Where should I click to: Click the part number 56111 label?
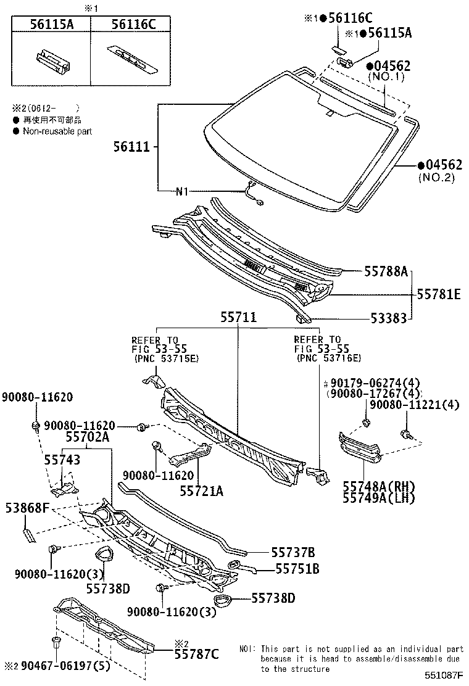pos(131,147)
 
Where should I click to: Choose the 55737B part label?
pos(293,552)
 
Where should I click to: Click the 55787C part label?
pos(196,654)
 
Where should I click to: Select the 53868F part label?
pos(27,508)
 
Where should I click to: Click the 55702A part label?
pos(87,437)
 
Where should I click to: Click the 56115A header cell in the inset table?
pos(51,24)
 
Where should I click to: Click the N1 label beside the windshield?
pos(181,191)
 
